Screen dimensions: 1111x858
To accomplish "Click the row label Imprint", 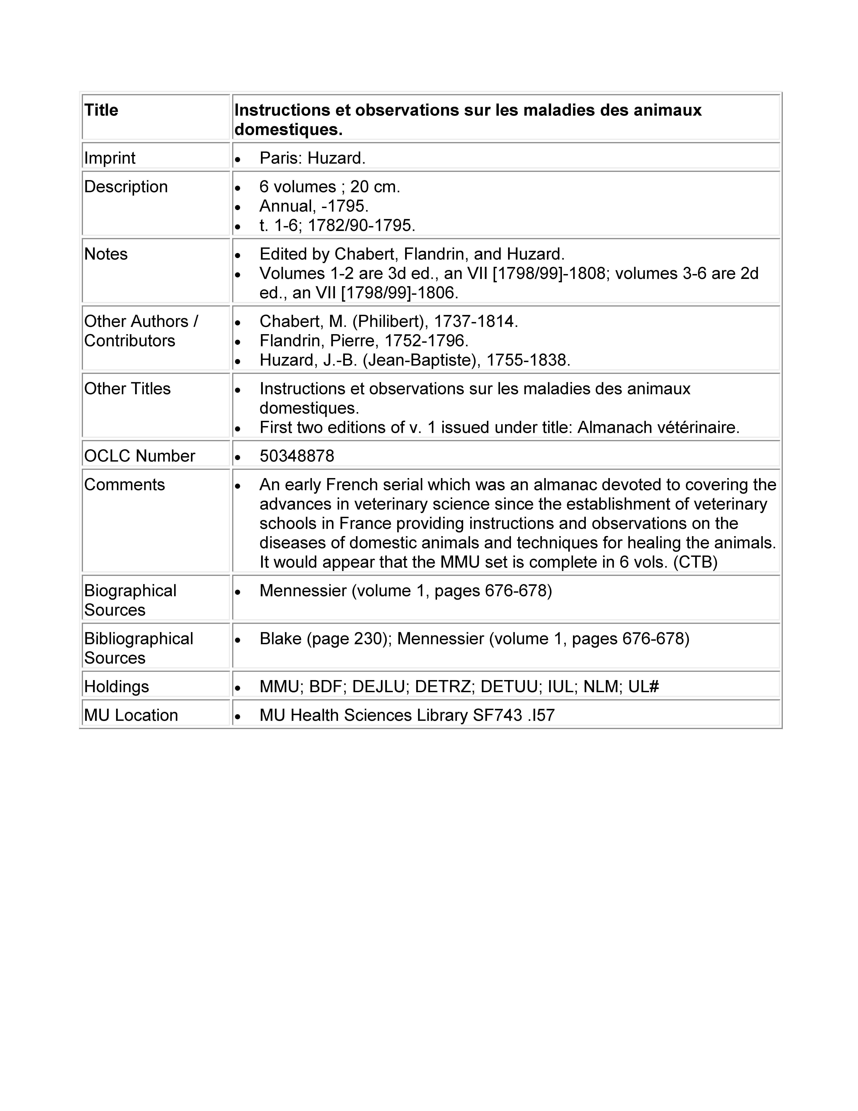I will pyautogui.click(x=110, y=158).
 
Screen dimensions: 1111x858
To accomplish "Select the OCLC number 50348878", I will pyautogui.click(x=297, y=456).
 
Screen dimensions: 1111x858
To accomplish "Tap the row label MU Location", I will pyautogui.click(x=131, y=715).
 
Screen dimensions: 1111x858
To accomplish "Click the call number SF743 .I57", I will pyautogui.click(x=513, y=715).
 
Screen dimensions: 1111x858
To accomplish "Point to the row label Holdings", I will pyautogui.click(x=116, y=687).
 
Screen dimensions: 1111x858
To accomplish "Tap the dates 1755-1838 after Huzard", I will pyautogui.click(x=528, y=360).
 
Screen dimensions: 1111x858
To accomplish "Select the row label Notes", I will pyautogui.click(x=106, y=254).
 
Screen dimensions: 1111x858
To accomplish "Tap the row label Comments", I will pyautogui.click(x=124, y=485).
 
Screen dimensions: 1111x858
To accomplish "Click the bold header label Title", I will pyautogui.click(x=101, y=110).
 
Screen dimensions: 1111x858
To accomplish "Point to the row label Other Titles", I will pyautogui.click(x=127, y=389).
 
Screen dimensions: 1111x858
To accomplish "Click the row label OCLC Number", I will pyautogui.click(x=139, y=456).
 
